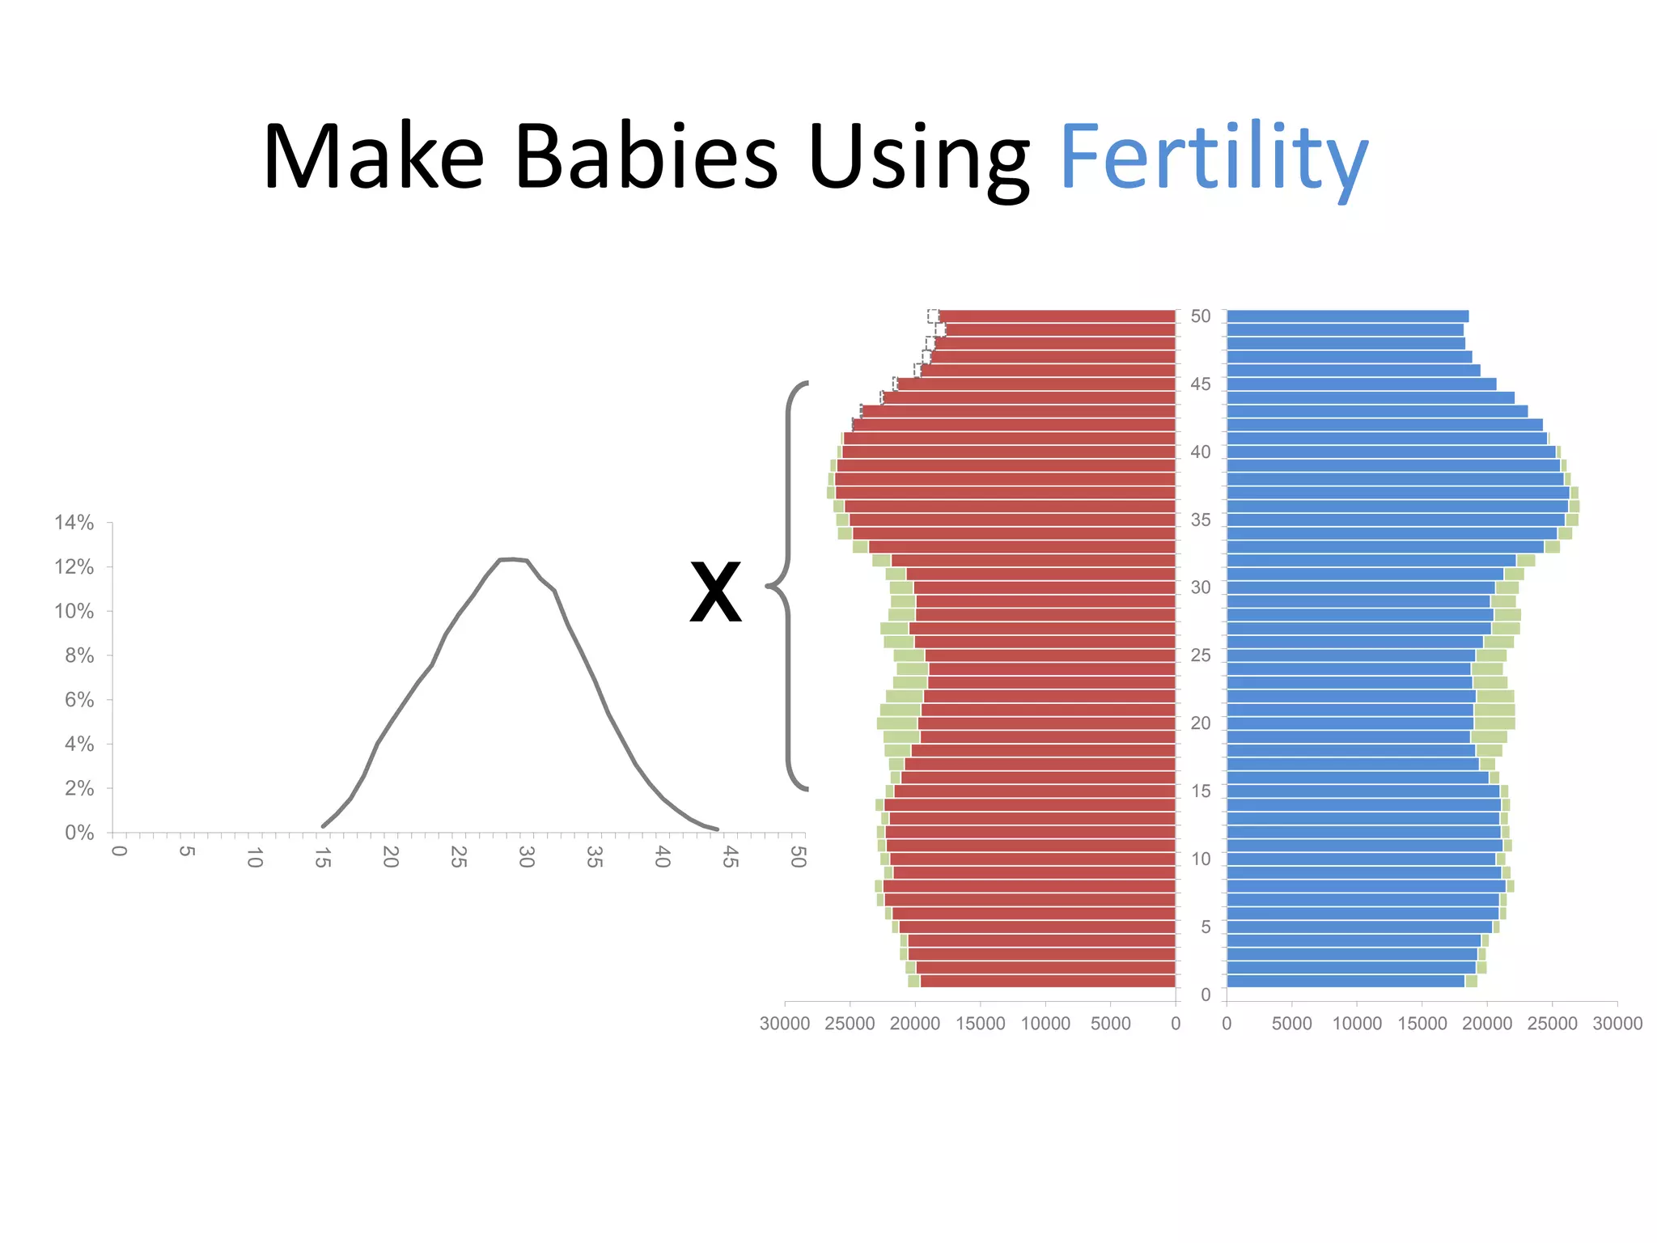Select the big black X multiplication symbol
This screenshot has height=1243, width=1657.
715,593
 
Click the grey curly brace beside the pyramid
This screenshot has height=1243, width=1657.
786,584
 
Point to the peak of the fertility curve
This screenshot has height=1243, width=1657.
513,558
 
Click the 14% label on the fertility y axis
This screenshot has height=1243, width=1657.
74,523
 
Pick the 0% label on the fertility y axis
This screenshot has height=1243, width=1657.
79,833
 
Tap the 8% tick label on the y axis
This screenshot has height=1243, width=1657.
79,655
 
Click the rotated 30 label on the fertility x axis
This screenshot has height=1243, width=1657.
526,857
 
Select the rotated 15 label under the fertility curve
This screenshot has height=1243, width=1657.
322,857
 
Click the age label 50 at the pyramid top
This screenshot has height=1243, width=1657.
1201,316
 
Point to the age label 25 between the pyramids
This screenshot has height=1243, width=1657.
1201,655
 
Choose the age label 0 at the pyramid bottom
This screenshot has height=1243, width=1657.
1206,995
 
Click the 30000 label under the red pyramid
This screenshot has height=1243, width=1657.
784,1024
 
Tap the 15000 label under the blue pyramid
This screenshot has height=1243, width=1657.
1422,1024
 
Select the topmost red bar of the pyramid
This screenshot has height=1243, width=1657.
1056,316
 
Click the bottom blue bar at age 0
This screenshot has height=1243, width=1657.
1345,982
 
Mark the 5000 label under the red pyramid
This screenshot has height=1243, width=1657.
1110,1024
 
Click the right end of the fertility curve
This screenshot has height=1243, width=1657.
716,829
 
